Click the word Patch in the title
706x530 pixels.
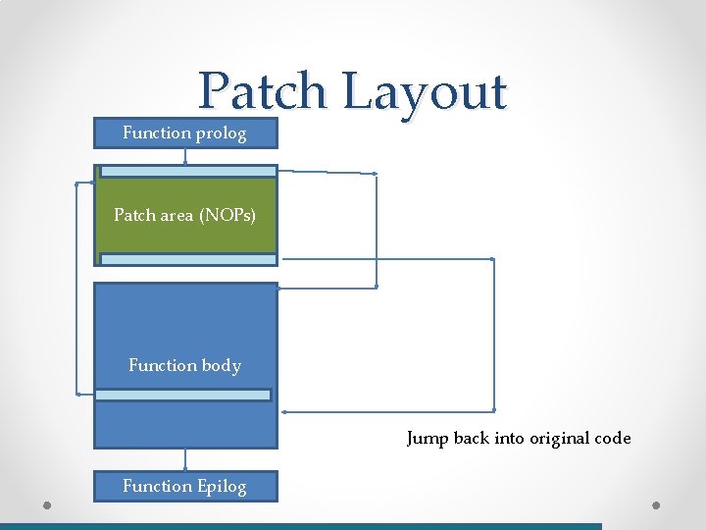(261, 92)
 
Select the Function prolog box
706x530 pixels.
(185, 132)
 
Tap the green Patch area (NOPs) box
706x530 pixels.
(185, 214)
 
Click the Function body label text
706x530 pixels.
(184, 365)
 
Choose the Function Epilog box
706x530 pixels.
(185, 486)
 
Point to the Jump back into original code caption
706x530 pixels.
(519, 439)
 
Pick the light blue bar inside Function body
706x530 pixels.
(183, 395)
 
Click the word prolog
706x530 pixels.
(221, 132)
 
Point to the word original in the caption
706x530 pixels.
(562, 439)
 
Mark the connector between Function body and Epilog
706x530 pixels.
(185, 459)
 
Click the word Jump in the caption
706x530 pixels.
(428, 439)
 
